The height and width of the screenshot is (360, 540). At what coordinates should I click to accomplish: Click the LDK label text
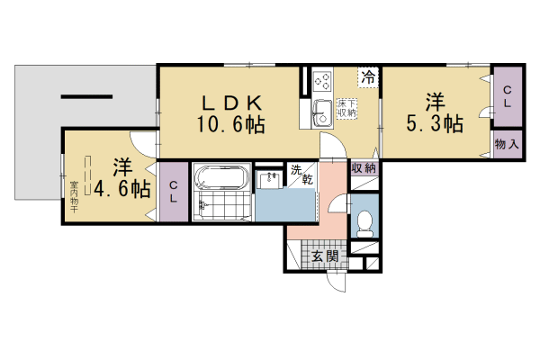coord(226,102)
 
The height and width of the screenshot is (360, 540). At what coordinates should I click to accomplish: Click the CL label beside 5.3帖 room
coord(508,96)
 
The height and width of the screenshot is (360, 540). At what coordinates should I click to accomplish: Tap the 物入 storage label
coord(508,144)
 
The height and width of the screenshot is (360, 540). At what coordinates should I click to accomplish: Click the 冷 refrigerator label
coord(368,78)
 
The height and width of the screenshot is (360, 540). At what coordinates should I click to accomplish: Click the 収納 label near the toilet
coord(364,168)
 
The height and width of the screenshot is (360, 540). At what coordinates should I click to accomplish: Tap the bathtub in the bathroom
coord(219,175)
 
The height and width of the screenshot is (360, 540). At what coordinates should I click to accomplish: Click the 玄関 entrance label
coord(325,256)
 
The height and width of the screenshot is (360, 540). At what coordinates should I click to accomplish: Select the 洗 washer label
coord(295,168)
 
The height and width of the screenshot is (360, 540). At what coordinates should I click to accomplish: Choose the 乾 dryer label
coord(306,182)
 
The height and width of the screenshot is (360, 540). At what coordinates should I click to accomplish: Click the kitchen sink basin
coord(321,114)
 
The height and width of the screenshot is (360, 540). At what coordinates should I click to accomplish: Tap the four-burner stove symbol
coord(323,82)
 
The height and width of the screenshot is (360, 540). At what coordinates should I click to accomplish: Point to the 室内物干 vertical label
coord(74,198)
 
